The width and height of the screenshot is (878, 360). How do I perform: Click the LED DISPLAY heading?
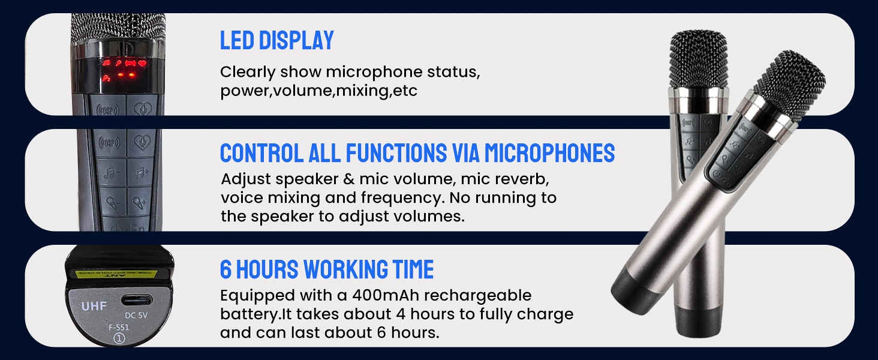coord(276,41)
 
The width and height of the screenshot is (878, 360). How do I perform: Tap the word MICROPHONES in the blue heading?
coord(549,154)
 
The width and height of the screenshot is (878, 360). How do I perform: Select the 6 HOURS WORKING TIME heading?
coord(326,270)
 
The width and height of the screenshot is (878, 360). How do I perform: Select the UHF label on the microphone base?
coord(94,307)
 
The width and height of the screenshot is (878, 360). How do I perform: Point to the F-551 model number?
coord(118,328)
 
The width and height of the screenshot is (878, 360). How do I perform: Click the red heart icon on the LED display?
coord(142,63)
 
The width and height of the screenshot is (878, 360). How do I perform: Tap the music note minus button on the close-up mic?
coord(110,173)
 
